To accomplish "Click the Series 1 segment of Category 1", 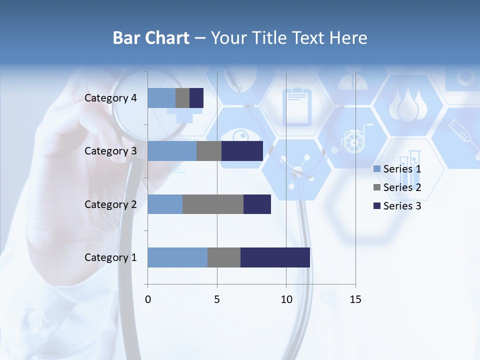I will click(x=177, y=257).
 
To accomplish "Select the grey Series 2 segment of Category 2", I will click(x=213, y=204).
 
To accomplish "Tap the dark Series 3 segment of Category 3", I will click(x=242, y=151).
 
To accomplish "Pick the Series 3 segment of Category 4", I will click(x=196, y=98).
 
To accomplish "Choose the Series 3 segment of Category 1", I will click(x=275, y=257).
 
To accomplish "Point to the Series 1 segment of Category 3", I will click(x=172, y=151).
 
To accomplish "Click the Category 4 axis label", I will click(x=110, y=98).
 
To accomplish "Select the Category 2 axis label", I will click(x=110, y=204).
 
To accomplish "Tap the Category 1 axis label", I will click(x=110, y=257).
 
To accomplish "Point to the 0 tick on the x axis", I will click(x=148, y=299).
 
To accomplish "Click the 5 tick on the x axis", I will click(x=217, y=299).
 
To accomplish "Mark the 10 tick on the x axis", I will click(x=286, y=299).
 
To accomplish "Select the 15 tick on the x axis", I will click(x=355, y=299).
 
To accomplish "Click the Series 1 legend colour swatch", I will click(x=376, y=169).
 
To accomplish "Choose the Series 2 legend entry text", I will click(x=402, y=187).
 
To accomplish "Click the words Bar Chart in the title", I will click(x=151, y=38).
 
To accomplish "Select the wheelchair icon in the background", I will click(x=351, y=141).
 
